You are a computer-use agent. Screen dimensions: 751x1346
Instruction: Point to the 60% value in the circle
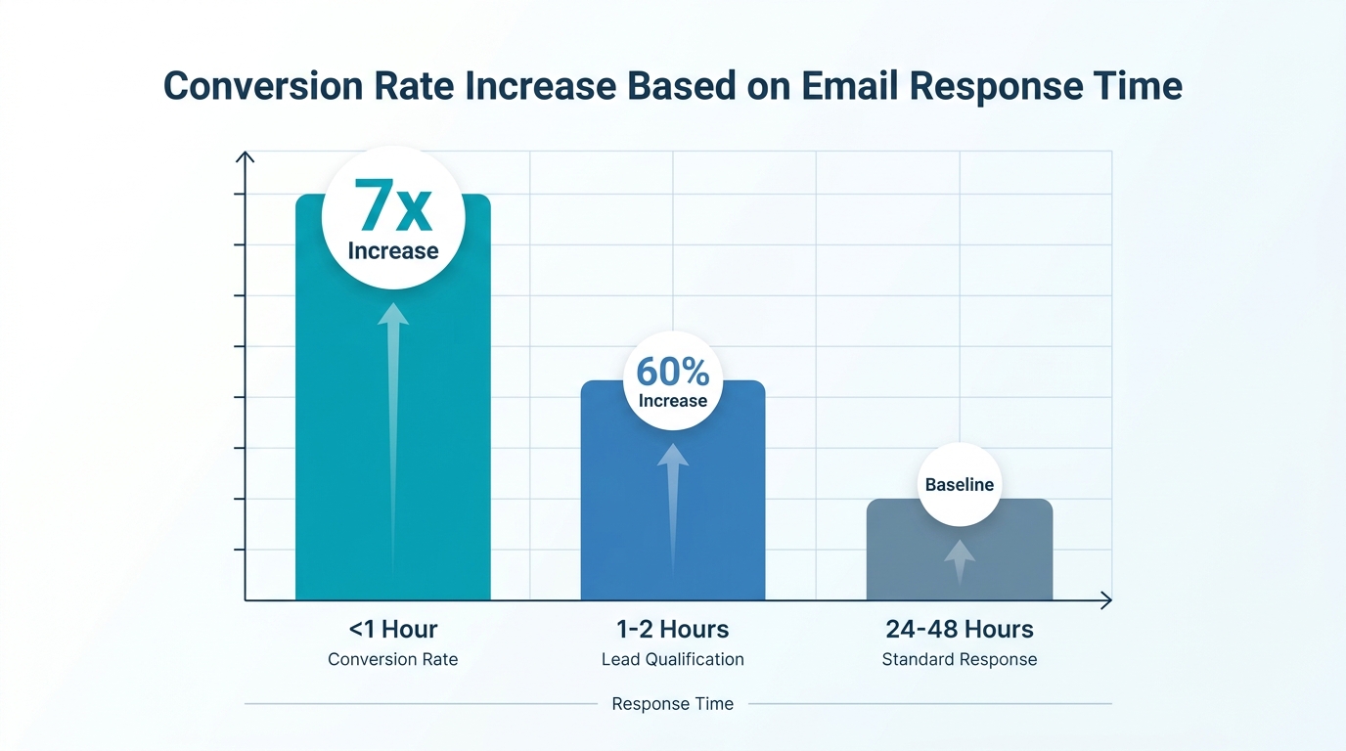click(x=672, y=372)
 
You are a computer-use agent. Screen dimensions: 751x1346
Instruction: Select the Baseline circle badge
click(x=959, y=484)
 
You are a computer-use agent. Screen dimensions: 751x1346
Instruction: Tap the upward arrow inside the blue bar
click(x=672, y=499)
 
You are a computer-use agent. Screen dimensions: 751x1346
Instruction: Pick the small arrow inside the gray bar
click(x=960, y=559)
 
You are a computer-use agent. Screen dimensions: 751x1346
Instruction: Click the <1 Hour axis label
click(x=392, y=629)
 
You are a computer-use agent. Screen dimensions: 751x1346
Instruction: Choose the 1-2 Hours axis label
click(x=672, y=629)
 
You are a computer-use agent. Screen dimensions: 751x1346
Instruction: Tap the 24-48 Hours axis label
click(x=959, y=629)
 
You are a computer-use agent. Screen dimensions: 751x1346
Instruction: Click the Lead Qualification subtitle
click(x=672, y=660)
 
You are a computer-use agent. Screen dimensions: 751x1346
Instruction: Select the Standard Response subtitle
click(x=959, y=660)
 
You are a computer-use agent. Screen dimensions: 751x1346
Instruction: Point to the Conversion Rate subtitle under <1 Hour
click(x=392, y=660)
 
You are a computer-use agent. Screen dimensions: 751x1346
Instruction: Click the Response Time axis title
click(x=672, y=704)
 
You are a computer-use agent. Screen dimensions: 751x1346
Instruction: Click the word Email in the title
click(x=848, y=86)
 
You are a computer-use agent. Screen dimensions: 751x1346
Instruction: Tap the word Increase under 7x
click(x=392, y=251)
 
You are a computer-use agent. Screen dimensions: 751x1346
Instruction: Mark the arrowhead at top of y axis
click(x=246, y=156)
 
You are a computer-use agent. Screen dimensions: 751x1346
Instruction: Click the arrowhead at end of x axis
click(x=1106, y=600)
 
